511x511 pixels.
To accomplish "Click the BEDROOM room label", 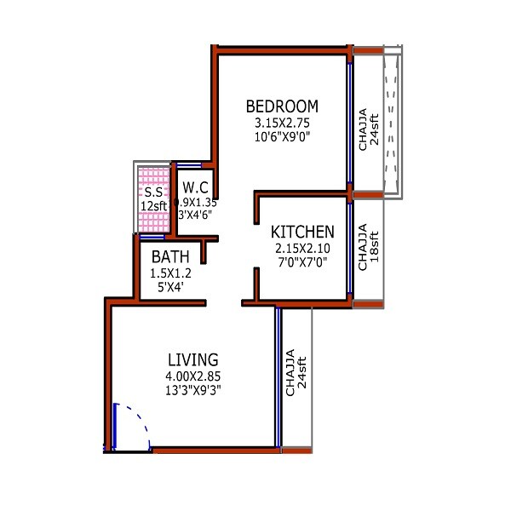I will click(282, 106).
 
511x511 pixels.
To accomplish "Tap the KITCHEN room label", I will click(302, 233).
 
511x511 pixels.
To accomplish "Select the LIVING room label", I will click(192, 359).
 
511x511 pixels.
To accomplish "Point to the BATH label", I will click(171, 257).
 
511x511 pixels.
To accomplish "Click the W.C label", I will click(195, 187).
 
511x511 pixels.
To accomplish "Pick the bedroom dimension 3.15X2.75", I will click(282, 123).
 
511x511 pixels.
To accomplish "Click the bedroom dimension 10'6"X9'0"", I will click(282, 136).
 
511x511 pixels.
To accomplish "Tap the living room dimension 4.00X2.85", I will click(192, 376).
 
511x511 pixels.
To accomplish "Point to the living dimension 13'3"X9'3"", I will click(192, 390).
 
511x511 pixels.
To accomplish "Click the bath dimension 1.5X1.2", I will click(171, 273).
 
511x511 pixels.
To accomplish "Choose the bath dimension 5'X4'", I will click(171, 288).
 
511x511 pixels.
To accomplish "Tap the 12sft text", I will click(154, 205).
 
